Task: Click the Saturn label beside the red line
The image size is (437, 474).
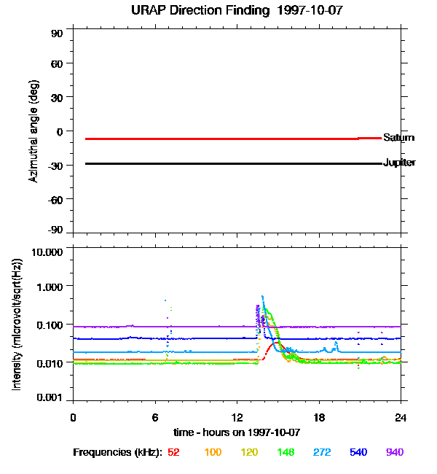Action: coord(398,137)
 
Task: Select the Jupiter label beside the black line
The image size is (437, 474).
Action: coord(399,163)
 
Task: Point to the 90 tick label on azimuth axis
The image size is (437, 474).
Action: coord(57,34)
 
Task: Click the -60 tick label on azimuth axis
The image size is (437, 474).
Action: coord(55,198)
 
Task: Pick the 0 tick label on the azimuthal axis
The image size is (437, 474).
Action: coord(60,131)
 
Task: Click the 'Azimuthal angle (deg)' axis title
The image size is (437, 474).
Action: coord(33,131)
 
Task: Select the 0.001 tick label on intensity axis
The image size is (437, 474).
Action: coord(50,398)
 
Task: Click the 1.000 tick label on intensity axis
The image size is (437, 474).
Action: coord(50,287)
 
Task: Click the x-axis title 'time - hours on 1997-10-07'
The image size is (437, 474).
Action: coord(237,432)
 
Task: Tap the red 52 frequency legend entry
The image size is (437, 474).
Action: coord(173,453)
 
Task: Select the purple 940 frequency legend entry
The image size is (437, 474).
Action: coord(394,453)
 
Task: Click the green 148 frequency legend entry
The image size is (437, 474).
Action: coord(285,453)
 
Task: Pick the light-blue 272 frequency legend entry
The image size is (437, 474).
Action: coord(322,453)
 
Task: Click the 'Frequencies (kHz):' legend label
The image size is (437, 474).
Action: coord(117,453)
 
